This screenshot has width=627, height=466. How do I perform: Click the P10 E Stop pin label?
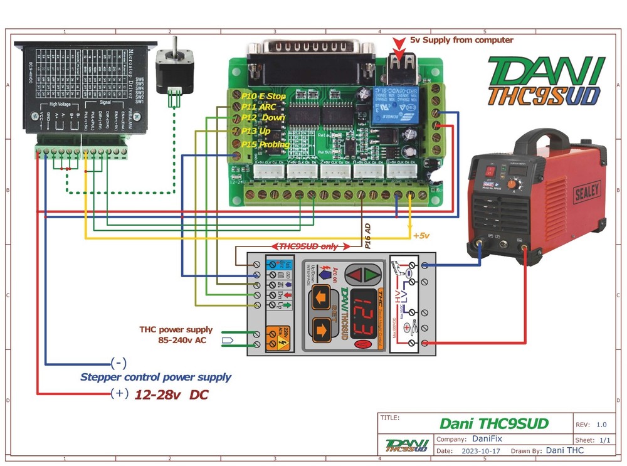click(263, 96)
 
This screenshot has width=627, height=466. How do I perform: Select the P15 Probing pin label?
click(266, 144)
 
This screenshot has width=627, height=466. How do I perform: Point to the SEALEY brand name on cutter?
click(587, 191)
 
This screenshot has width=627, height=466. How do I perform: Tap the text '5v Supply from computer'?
click(461, 40)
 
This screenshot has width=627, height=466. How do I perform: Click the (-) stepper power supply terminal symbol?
click(118, 363)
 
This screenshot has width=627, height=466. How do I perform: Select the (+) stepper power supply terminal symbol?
click(118, 394)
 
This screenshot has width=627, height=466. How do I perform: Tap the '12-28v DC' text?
click(171, 395)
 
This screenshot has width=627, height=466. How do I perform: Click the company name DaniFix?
click(487, 439)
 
